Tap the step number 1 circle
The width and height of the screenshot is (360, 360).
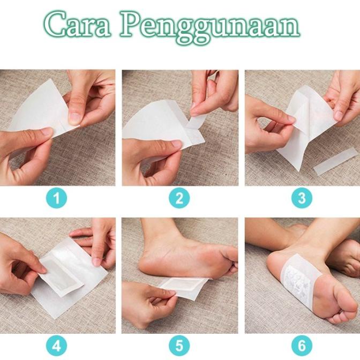58,199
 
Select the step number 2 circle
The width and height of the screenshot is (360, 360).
179,199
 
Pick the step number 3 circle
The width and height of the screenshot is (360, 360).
302,199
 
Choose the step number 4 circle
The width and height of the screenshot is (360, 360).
58,346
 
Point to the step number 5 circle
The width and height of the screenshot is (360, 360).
179,346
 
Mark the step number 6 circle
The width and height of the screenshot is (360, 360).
302,346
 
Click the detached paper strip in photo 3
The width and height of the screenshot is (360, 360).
335,162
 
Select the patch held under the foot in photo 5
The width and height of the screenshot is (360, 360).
185,287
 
